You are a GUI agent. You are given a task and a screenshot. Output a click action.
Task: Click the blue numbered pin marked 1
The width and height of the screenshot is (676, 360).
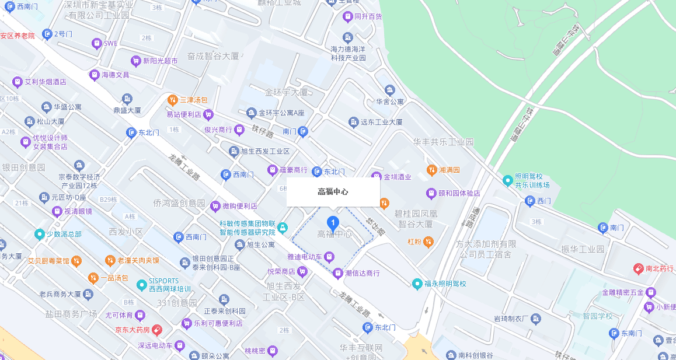pyautogui.click(x=333, y=222)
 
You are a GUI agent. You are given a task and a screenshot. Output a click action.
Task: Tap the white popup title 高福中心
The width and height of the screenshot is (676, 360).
pyautogui.click(x=333, y=191)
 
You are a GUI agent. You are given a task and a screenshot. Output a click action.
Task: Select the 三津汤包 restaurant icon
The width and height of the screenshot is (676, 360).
pyautogui.click(x=172, y=100)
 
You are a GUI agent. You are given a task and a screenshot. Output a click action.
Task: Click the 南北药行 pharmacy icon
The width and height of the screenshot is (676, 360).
pyautogui.click(x=638, y=269)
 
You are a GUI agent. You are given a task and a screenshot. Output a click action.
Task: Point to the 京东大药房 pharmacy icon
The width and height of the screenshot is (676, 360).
pyautogui.click(x=157, y=330)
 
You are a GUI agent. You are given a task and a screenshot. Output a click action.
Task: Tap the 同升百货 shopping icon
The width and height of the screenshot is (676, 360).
pyautogui.click(x=347, y=16)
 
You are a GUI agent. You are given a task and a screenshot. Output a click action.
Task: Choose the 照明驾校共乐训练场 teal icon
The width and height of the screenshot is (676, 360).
pyautogui.click(x=507, y=181)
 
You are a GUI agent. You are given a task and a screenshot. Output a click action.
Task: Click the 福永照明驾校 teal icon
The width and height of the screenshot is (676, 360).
pyautogui.click(x=417, y=284)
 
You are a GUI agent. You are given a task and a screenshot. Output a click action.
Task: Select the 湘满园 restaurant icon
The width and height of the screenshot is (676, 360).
pyautogui.click(x=431, y=170)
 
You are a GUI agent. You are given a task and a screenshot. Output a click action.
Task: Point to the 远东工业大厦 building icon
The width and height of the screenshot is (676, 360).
pyautogui.click(x=353, y=122)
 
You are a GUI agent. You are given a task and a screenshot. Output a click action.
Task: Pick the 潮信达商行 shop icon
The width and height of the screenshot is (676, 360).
pyautogui.click(x=338, y=272)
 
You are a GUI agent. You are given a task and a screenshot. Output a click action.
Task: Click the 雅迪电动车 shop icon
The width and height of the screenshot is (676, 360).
pyautogui.click(x=329, y=257)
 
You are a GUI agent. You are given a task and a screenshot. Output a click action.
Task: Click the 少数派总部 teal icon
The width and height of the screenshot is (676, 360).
pyautogui.click(x=39, y=234)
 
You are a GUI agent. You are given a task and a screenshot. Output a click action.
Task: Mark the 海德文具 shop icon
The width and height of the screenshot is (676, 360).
pyautogui.click(x=94, y=75)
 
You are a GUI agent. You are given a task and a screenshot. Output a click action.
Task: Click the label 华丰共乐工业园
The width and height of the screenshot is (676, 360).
pyautogui.click(x=443, y=142)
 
